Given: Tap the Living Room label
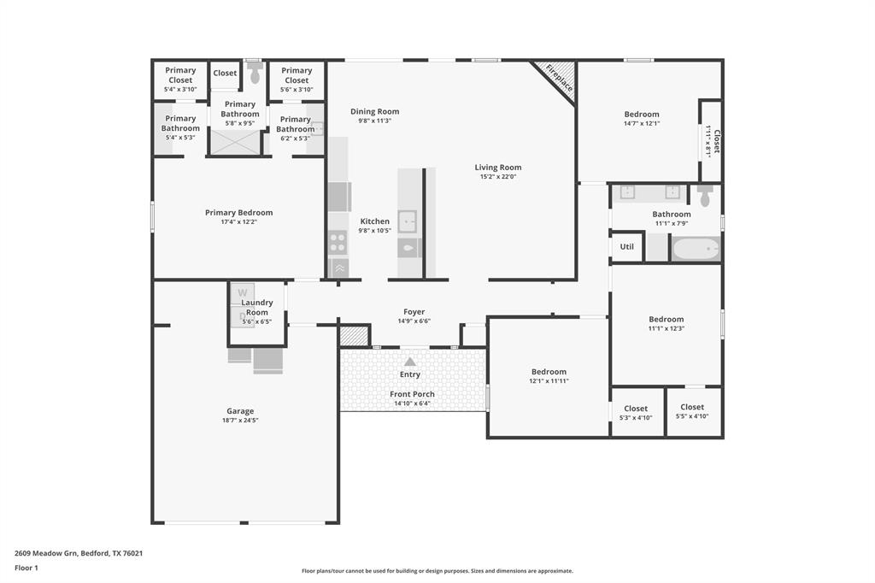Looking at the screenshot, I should click(x=498, y=168).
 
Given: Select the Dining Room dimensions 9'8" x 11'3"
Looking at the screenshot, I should click(x=374, y=121).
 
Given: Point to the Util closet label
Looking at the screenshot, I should click(x=627, y=246).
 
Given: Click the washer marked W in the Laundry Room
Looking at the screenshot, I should click(x=243, y=292).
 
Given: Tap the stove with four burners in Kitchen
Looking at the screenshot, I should click(x=338, y=242).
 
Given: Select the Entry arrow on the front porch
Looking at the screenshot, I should click(x=410, y=362).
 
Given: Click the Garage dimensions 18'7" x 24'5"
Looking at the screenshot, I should click(x=240, y=421).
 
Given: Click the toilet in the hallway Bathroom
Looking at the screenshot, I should click(x=705, y=197).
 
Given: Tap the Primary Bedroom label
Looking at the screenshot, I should click(x=239, y=213).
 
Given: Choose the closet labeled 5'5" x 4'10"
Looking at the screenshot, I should click(x=692, y=412).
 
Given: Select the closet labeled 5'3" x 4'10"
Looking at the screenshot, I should click(x=636, y=413).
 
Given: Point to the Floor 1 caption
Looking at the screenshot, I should click(x=26, y=568).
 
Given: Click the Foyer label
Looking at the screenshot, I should click(x=414, y=312).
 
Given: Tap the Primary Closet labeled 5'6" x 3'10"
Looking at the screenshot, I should click(x=297, y=79).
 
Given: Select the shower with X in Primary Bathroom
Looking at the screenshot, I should click(x=235, y=141).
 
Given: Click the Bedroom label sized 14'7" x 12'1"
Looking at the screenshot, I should click(x=642, y=115).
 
